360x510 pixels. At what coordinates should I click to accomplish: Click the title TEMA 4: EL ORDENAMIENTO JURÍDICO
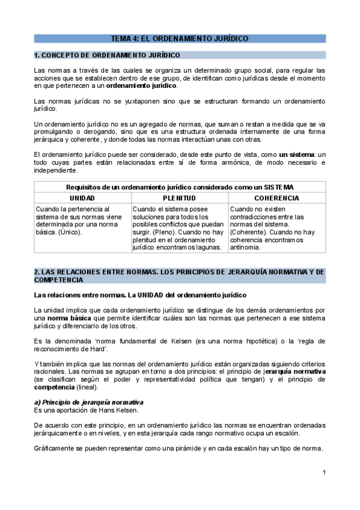click(x=180, y=38)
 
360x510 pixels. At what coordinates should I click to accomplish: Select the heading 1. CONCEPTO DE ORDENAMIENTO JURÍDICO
click(x=108, y=55)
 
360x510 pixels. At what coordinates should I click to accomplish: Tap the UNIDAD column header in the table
click(x=82, y=198)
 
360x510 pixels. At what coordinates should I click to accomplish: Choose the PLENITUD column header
click(x=179, y=198)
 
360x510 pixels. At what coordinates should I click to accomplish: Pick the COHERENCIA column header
click(x=276, y=198)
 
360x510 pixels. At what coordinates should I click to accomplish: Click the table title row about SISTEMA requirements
click(x=180, y=187)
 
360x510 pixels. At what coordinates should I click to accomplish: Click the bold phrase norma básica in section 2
click(x=66, y=317)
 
